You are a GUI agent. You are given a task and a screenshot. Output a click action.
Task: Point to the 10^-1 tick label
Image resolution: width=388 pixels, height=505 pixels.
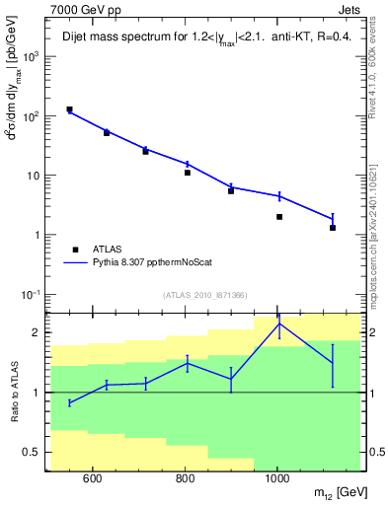pyautogui.click(x=32, y=295)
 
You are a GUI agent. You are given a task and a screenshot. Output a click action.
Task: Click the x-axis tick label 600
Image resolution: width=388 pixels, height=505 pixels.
pyautogui.click(x=93, y=479)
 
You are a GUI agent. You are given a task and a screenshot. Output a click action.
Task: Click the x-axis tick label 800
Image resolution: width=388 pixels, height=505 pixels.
pyautogui.click(x=185, y=479)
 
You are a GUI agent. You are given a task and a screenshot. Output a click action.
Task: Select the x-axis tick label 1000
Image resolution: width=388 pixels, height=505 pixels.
pyautogui.click(x=277, y=479)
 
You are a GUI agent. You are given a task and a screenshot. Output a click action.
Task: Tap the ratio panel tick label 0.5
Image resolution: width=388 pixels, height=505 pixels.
pyautogui.click(x=32, y=453)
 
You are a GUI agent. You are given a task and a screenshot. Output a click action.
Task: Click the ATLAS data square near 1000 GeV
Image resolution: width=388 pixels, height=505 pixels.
pyautogui.click(x=279, y=217)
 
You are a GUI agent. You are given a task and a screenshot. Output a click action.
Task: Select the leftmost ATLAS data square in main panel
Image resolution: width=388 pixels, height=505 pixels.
pyautogui.click(x=69, y=109)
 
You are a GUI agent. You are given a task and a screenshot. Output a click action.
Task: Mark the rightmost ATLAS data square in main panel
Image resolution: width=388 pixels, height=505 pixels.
pyautogui.click(x=333, y=228)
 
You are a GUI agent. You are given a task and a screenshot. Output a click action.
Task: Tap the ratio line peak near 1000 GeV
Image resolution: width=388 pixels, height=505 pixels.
pyautogui.click(x=279, y=324)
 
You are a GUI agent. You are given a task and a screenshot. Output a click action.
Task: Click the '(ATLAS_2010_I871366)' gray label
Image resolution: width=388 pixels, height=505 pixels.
pyautogui.click(x=204, y=295)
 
